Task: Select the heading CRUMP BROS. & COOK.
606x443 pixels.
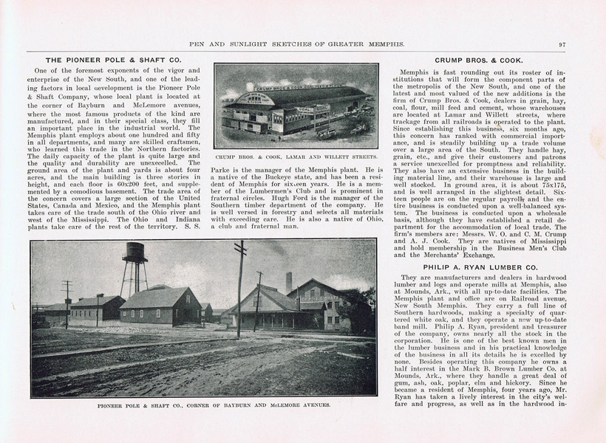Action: [479, 60]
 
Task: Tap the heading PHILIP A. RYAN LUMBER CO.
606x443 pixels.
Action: [479, 266]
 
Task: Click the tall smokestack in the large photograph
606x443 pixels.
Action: [289, 283]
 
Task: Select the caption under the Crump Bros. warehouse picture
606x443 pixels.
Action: [296, 157]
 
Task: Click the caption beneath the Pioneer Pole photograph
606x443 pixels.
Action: [203, 405]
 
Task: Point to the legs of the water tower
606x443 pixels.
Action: [134, 281]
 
